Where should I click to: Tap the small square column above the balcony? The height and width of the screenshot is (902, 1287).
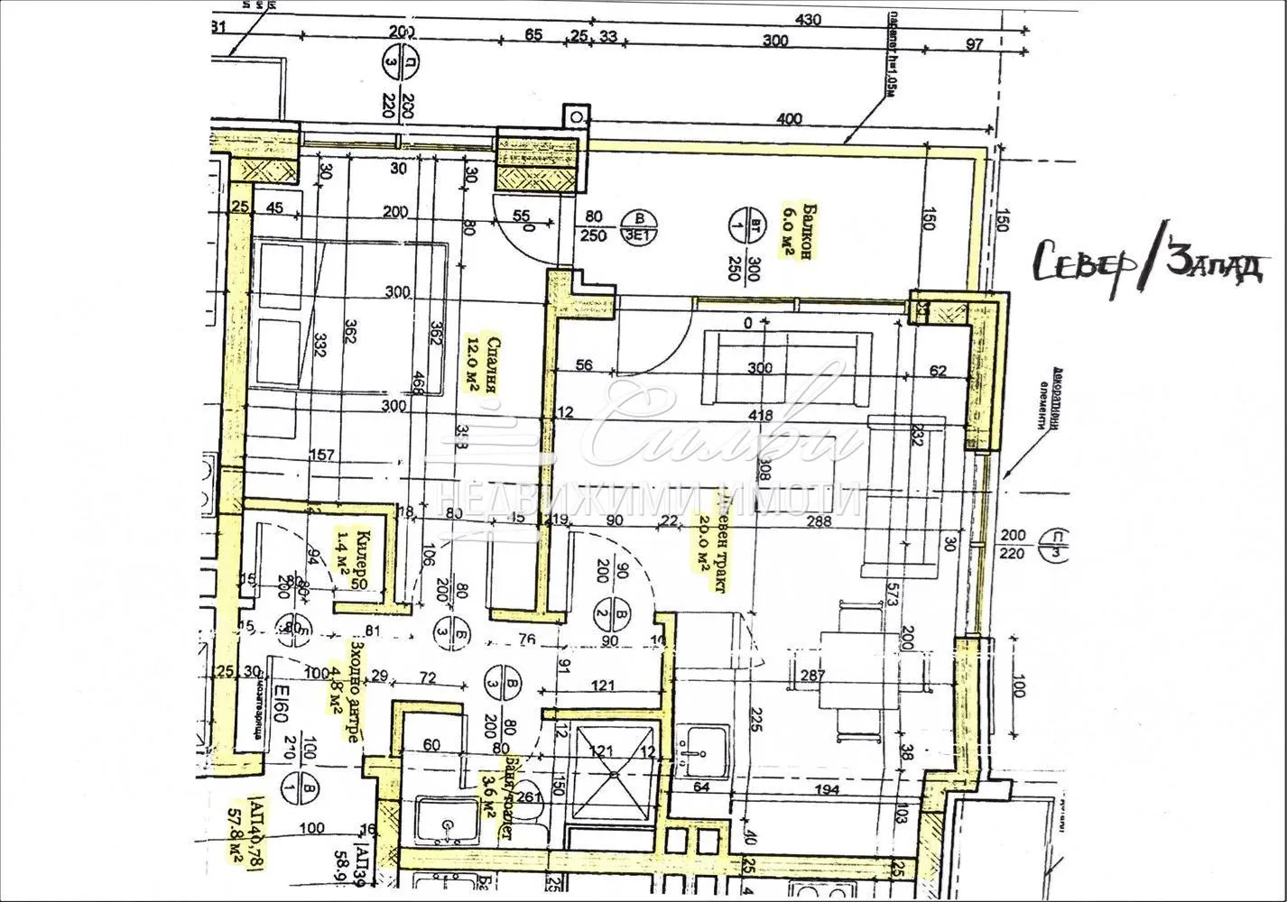coord(574,117)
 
